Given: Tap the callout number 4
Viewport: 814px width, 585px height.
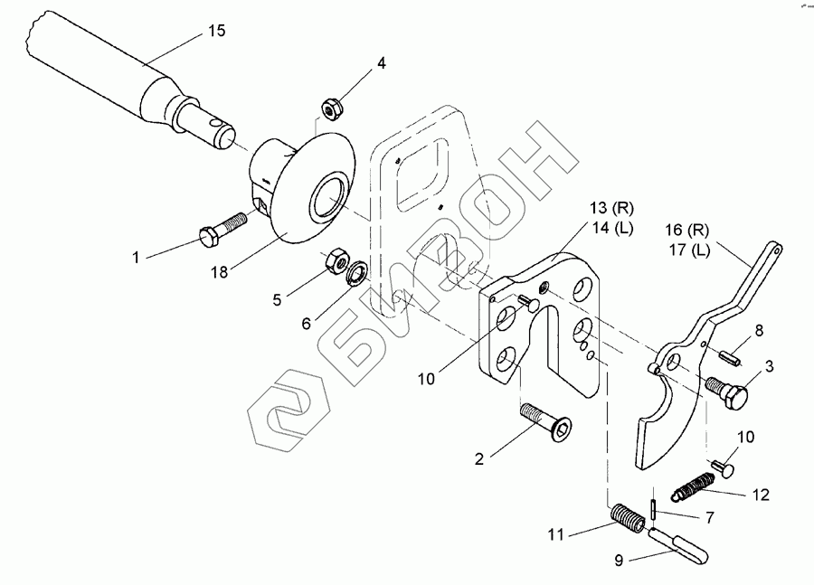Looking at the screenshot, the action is pos(382,63).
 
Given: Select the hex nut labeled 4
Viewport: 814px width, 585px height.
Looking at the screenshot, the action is pos(331,109).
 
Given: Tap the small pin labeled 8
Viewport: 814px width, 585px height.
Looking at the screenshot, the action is pos(733,356).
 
